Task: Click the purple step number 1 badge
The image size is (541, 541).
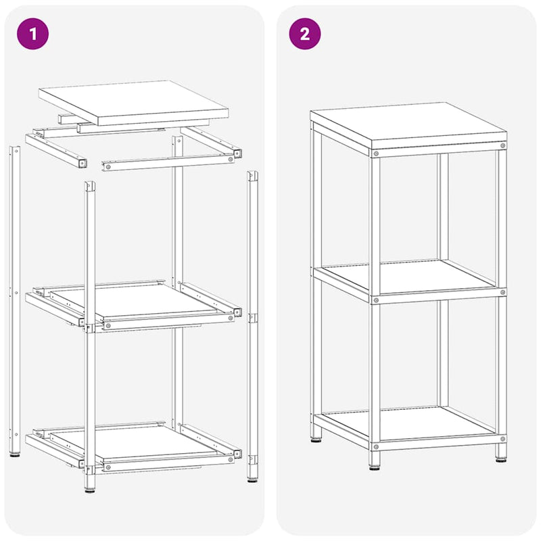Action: [32, 34]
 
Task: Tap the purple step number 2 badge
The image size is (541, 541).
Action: [305, 34]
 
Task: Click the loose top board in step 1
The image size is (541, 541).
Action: [133, 103]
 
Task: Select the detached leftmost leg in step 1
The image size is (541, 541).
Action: [15, 301]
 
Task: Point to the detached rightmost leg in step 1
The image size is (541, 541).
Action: [252, 326]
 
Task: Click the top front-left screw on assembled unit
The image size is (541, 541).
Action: [376, 154]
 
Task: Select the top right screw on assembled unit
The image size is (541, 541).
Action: [502, 145]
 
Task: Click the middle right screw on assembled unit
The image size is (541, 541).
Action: [502, 292]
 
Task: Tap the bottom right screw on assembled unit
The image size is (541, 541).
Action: [502, 439]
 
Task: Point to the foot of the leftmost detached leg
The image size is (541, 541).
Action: [15, 454]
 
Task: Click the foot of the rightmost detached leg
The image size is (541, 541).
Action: [252, 479]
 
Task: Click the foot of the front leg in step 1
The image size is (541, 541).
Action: [90, 490]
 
